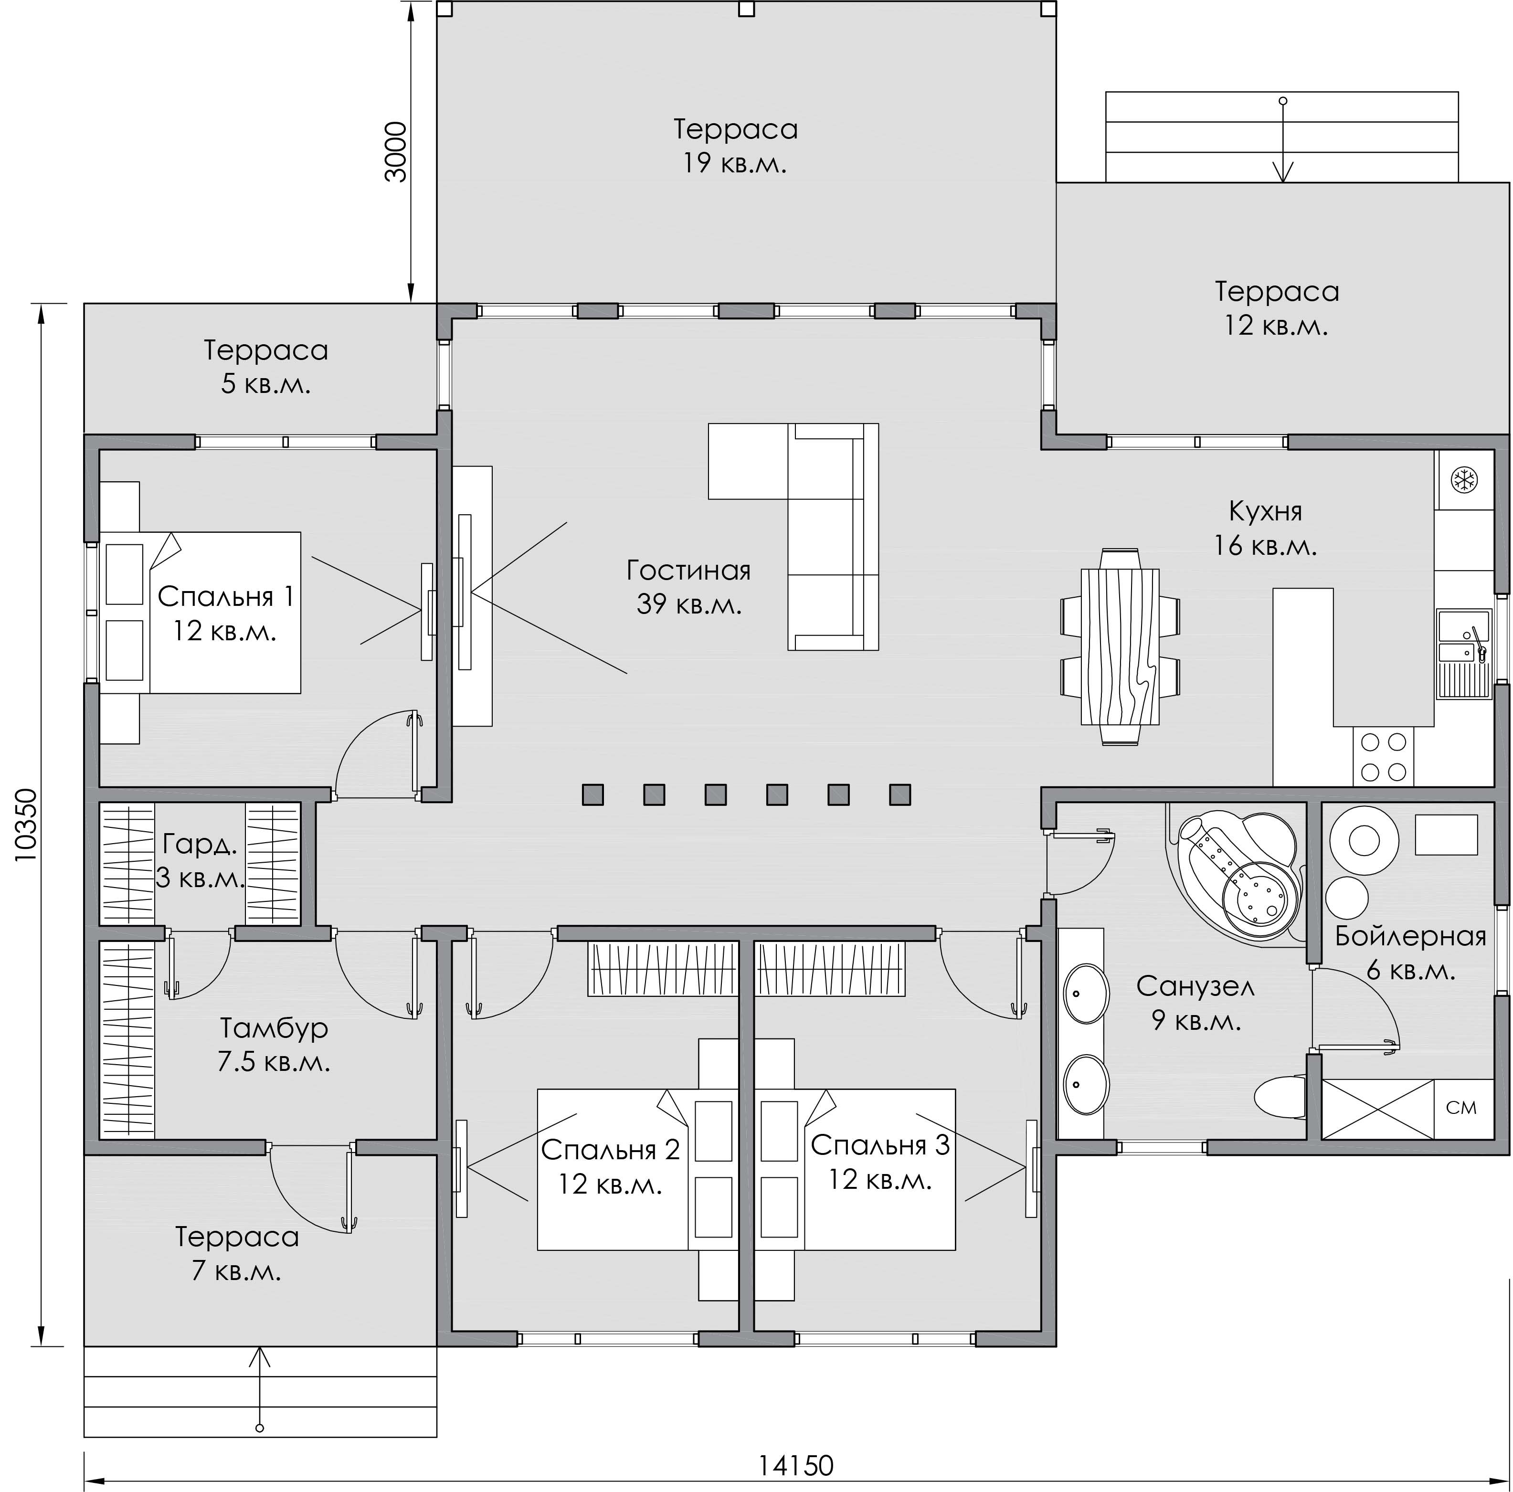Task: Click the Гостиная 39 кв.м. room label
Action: [688, 587]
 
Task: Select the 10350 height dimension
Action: [24, 825]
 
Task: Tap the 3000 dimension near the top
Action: [396, 152]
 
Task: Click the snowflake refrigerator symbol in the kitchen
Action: [1464, 479]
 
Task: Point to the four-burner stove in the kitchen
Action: [1383, 757]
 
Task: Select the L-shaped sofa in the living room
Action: [794, 537]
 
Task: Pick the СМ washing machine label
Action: [1461, 1108]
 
